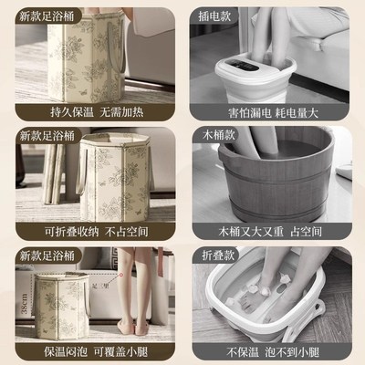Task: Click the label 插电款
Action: pos(211,16)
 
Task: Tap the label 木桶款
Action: pos(211,134)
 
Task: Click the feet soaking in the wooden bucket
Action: pos(274,164)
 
